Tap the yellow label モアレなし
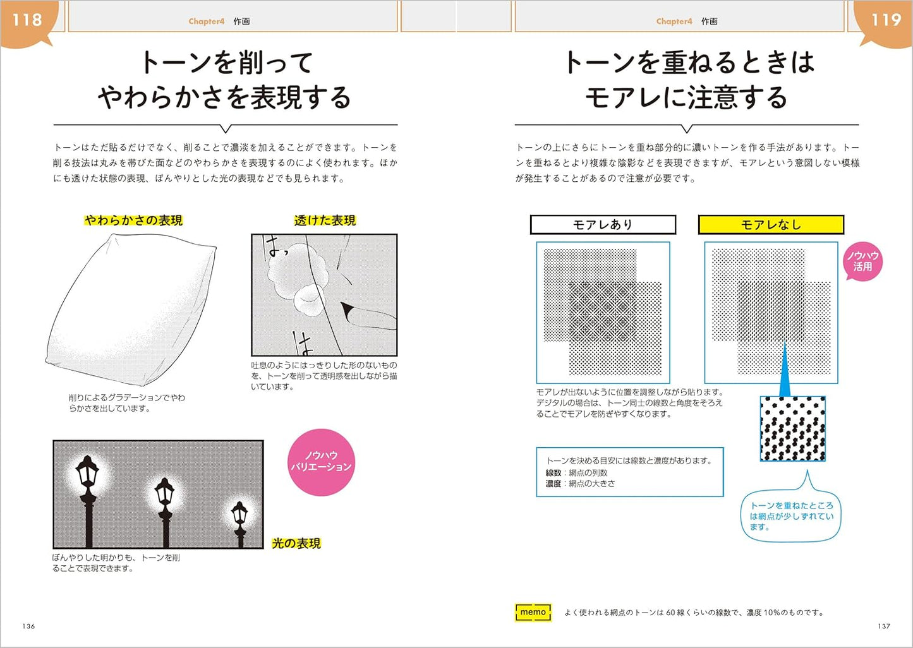(x=771, y=225)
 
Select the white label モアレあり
(x=603, y=225)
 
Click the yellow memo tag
(x=533, y=613)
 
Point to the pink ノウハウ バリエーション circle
(x=321, y=462)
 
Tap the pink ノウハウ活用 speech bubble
(x=862, y=261)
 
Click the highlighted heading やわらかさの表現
(x=133, y=220)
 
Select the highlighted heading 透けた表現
(x=325, y=220)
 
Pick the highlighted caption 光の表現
(x=296, y=543)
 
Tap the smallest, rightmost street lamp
(x=239, y=524)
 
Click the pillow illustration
(x=130, y=309)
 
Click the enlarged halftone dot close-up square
(x=793, y=428)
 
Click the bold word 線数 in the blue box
(x=553, y=473)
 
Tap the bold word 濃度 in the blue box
(x=553, y=484)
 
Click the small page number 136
(x=28, y=626)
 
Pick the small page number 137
(x=884, y=626)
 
